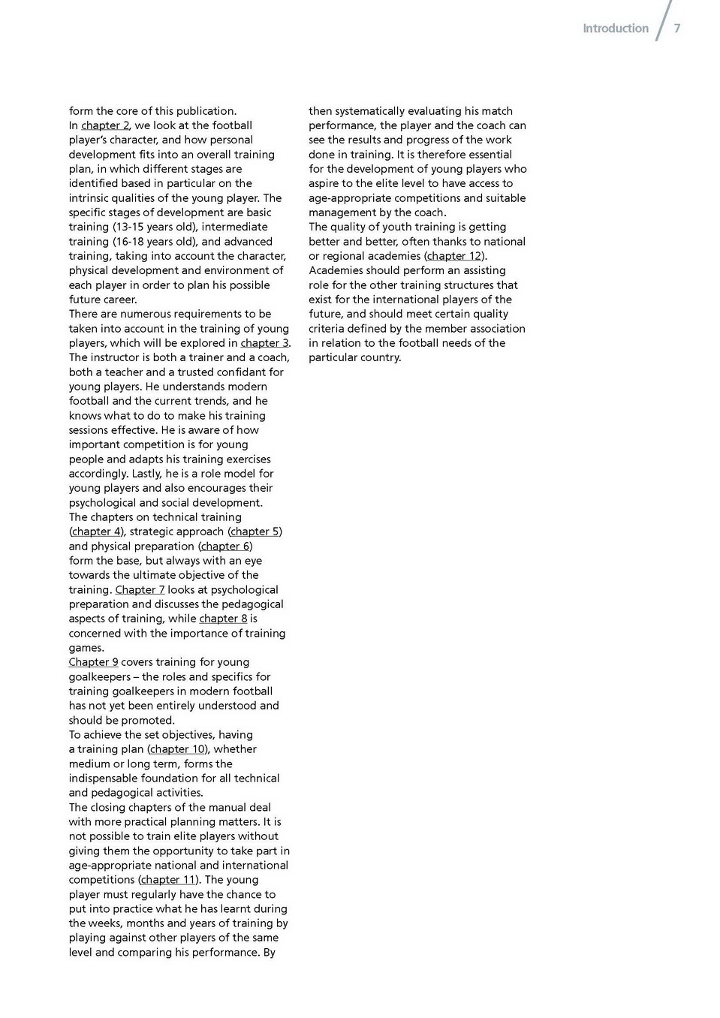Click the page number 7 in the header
pos(676,29)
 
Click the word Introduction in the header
pos(615,29)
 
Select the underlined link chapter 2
pos(105,125)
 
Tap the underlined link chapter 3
pos(264,343)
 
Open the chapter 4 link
pos(96,532)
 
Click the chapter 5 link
pos(255,532)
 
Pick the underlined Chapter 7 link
pos(140,590)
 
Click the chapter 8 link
pos(223,619)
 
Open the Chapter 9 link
pos(93,662)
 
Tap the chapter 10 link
pos(177,749)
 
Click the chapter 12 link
pos(454,256)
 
